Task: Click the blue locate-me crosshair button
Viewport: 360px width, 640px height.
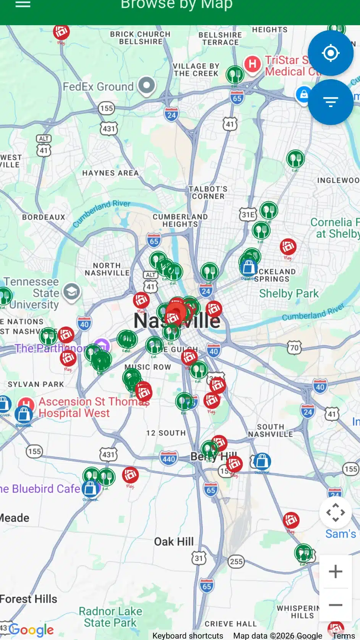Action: [331, 53]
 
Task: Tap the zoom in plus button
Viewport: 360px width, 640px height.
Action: [335, 572]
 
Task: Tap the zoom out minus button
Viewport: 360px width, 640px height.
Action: [335, 605]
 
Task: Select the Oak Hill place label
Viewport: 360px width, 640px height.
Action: [174, 542]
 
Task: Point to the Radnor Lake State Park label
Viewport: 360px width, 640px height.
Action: [110, 617]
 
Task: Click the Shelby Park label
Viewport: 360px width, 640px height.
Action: [289, 294]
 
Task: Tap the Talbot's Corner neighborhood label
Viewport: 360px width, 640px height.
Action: [208, 192]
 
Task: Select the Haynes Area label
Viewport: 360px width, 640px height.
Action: [110, 173]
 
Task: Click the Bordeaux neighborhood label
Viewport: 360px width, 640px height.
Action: [44, 217]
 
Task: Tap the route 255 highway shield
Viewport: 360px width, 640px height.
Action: [236, 561]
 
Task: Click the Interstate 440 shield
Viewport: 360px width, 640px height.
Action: [169, 459]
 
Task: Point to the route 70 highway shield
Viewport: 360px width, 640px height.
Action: [294, 348]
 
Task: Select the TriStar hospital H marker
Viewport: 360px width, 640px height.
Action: [253, 63]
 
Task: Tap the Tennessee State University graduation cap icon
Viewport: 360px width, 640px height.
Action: [71, 292]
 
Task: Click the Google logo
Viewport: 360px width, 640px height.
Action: [31, 629]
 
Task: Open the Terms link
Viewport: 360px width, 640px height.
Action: [343, 635]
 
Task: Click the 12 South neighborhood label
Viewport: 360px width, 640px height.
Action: [166, 433]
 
